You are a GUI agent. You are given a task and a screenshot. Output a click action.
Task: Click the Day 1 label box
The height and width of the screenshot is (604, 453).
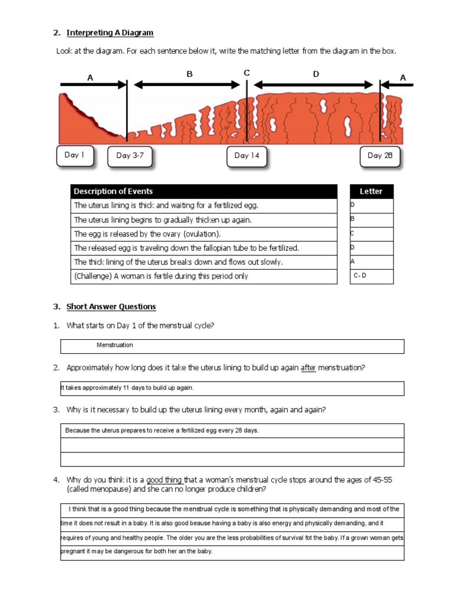[75, 155]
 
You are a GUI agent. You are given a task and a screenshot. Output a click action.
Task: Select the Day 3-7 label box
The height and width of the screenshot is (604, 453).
[130, 156]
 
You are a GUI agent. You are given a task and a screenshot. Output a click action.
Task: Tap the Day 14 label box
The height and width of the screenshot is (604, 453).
[247, 156]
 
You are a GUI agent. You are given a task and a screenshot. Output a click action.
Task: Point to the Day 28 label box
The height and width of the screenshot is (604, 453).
[380, 156]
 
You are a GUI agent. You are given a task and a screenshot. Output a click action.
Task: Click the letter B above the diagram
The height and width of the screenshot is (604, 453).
[190, 74]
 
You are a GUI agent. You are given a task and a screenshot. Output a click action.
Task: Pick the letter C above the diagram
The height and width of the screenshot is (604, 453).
[247, 73]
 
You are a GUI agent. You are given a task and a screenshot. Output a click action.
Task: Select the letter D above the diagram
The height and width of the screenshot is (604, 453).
[316, 74]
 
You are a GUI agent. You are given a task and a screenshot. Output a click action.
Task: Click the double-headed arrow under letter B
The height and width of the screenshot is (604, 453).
[190, 85]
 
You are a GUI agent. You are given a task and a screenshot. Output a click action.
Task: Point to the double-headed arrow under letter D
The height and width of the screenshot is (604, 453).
[316, 85]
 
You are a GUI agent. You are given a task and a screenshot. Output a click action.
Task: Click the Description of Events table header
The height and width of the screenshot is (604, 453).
[113, 191]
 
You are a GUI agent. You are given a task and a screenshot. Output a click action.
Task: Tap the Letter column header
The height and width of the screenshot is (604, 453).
[371, 191]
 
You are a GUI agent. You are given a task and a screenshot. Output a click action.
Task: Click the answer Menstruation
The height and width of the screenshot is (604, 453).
[115, 345]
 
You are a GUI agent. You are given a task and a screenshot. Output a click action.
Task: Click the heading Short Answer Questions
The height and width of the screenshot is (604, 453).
[111, 307]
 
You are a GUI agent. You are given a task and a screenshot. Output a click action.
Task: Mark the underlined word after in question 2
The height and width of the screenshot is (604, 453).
[308, 368]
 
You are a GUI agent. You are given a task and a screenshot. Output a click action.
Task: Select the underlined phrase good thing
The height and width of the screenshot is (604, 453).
[165, 480]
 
